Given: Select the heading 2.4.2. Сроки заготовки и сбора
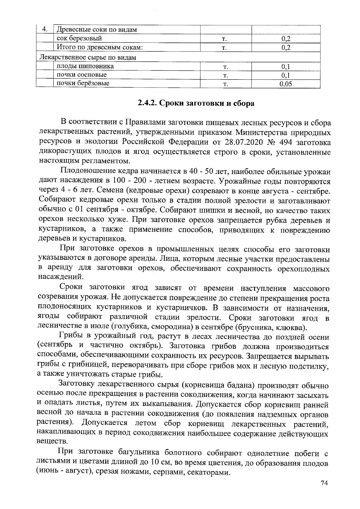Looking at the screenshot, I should [x=196, y=103].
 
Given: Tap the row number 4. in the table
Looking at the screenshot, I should [x=44, y=29].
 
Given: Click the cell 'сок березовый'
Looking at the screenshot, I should [x=79, y=38].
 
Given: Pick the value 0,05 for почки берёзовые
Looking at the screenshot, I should [x=285, y=84].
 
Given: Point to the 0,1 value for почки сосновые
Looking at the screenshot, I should [x=285, y=75].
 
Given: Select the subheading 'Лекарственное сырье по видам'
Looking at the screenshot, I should [x=88, y=57].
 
